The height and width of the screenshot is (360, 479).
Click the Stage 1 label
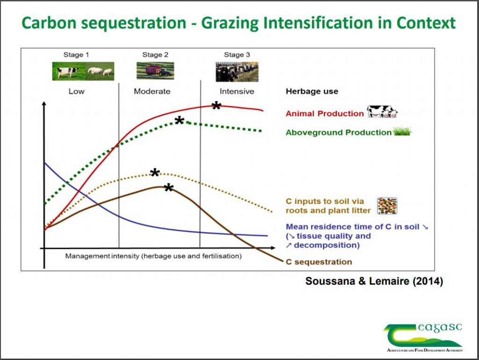click(76, 55)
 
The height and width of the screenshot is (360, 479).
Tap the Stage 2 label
click(155, 55)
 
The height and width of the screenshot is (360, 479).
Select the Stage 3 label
click(237, 55)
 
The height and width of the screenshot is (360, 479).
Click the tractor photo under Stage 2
click(155, 71)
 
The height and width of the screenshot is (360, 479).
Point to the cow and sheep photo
click(83, 71)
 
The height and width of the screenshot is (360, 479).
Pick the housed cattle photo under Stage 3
click(237, 72)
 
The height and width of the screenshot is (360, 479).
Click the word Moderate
click(152, 91)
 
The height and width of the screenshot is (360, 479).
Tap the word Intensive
click(237, 91)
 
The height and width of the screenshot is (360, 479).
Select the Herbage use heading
click(312, 91)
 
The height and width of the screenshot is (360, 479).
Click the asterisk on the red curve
click(216, 106)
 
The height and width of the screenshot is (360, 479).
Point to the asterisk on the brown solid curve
click(168, 188)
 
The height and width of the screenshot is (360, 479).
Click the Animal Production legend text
click(325, 114)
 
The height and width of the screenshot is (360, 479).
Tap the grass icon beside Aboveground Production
click(402, 131)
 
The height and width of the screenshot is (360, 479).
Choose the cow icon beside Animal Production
click(382, 112)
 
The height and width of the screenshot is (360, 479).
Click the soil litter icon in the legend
click(387, 206)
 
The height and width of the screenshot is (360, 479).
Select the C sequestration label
click(319, 262)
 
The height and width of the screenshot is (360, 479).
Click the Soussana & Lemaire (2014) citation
click(374, 281)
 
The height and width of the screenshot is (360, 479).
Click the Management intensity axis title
click(153, 256)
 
